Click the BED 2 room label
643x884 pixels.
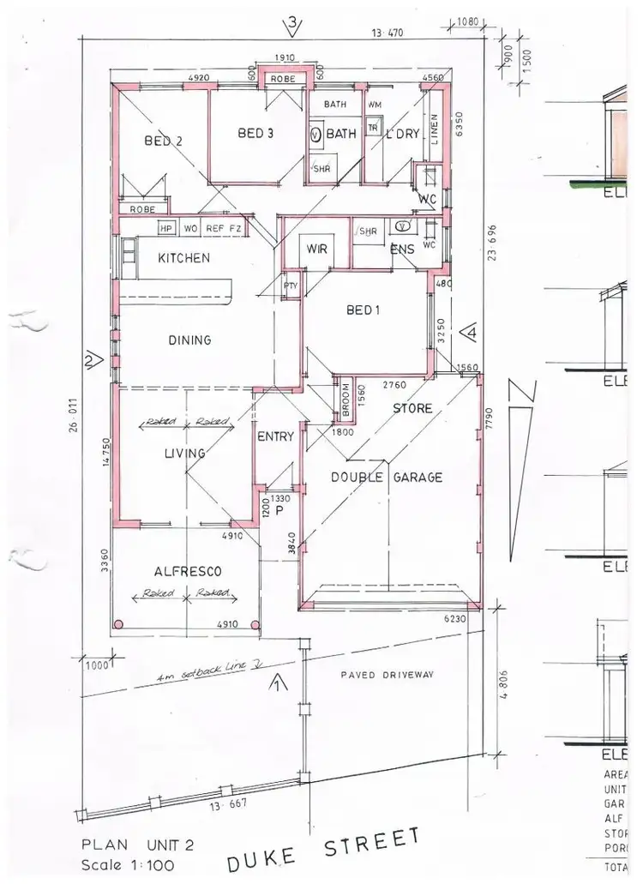[163, 141]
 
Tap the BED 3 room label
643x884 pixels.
[255, 133]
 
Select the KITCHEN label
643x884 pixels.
[183, 257]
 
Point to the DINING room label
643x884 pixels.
[189, 340]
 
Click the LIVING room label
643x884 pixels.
[186, 453]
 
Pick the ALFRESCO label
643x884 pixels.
[189, 571]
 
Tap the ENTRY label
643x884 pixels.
[276, 436]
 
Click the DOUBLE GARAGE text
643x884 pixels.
[387, 478]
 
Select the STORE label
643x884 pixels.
[412, 408]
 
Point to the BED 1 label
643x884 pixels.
[363, 310]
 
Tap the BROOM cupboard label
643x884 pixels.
[346, 400]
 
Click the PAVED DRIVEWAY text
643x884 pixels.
[387, 675]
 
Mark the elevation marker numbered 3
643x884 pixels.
[292, 24]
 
